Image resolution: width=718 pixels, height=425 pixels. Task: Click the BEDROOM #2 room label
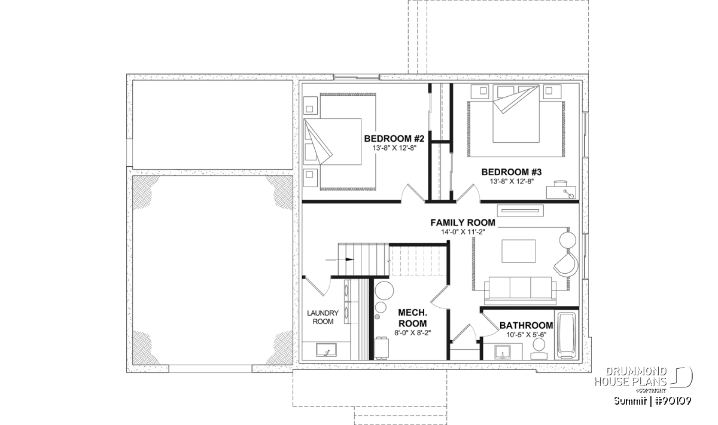pos(394,139)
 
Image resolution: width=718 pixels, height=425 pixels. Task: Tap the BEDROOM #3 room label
pos(511,172)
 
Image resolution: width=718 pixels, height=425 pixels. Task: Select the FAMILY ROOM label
pos(463,222)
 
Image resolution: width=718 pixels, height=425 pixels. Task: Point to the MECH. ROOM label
pos(412,318)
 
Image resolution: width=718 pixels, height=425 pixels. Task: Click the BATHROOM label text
pos(527,325)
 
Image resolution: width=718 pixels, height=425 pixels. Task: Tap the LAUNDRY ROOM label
pos(323,317)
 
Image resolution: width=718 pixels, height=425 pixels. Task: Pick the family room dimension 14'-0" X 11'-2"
pos(463,232)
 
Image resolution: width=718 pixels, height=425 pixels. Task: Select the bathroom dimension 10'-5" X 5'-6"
pos(527,335)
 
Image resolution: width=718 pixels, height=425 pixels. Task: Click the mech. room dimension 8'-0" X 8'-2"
pos(412,333)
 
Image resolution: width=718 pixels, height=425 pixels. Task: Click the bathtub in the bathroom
pos(566,336)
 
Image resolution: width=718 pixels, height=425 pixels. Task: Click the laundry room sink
pos(326,350)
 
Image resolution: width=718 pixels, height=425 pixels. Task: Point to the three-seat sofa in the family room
pos(520,291)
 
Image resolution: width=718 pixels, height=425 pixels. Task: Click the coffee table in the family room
pos(519,252)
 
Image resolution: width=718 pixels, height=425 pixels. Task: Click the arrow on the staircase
pos(340,259)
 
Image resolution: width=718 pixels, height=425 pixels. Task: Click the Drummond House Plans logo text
pos(631,377)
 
